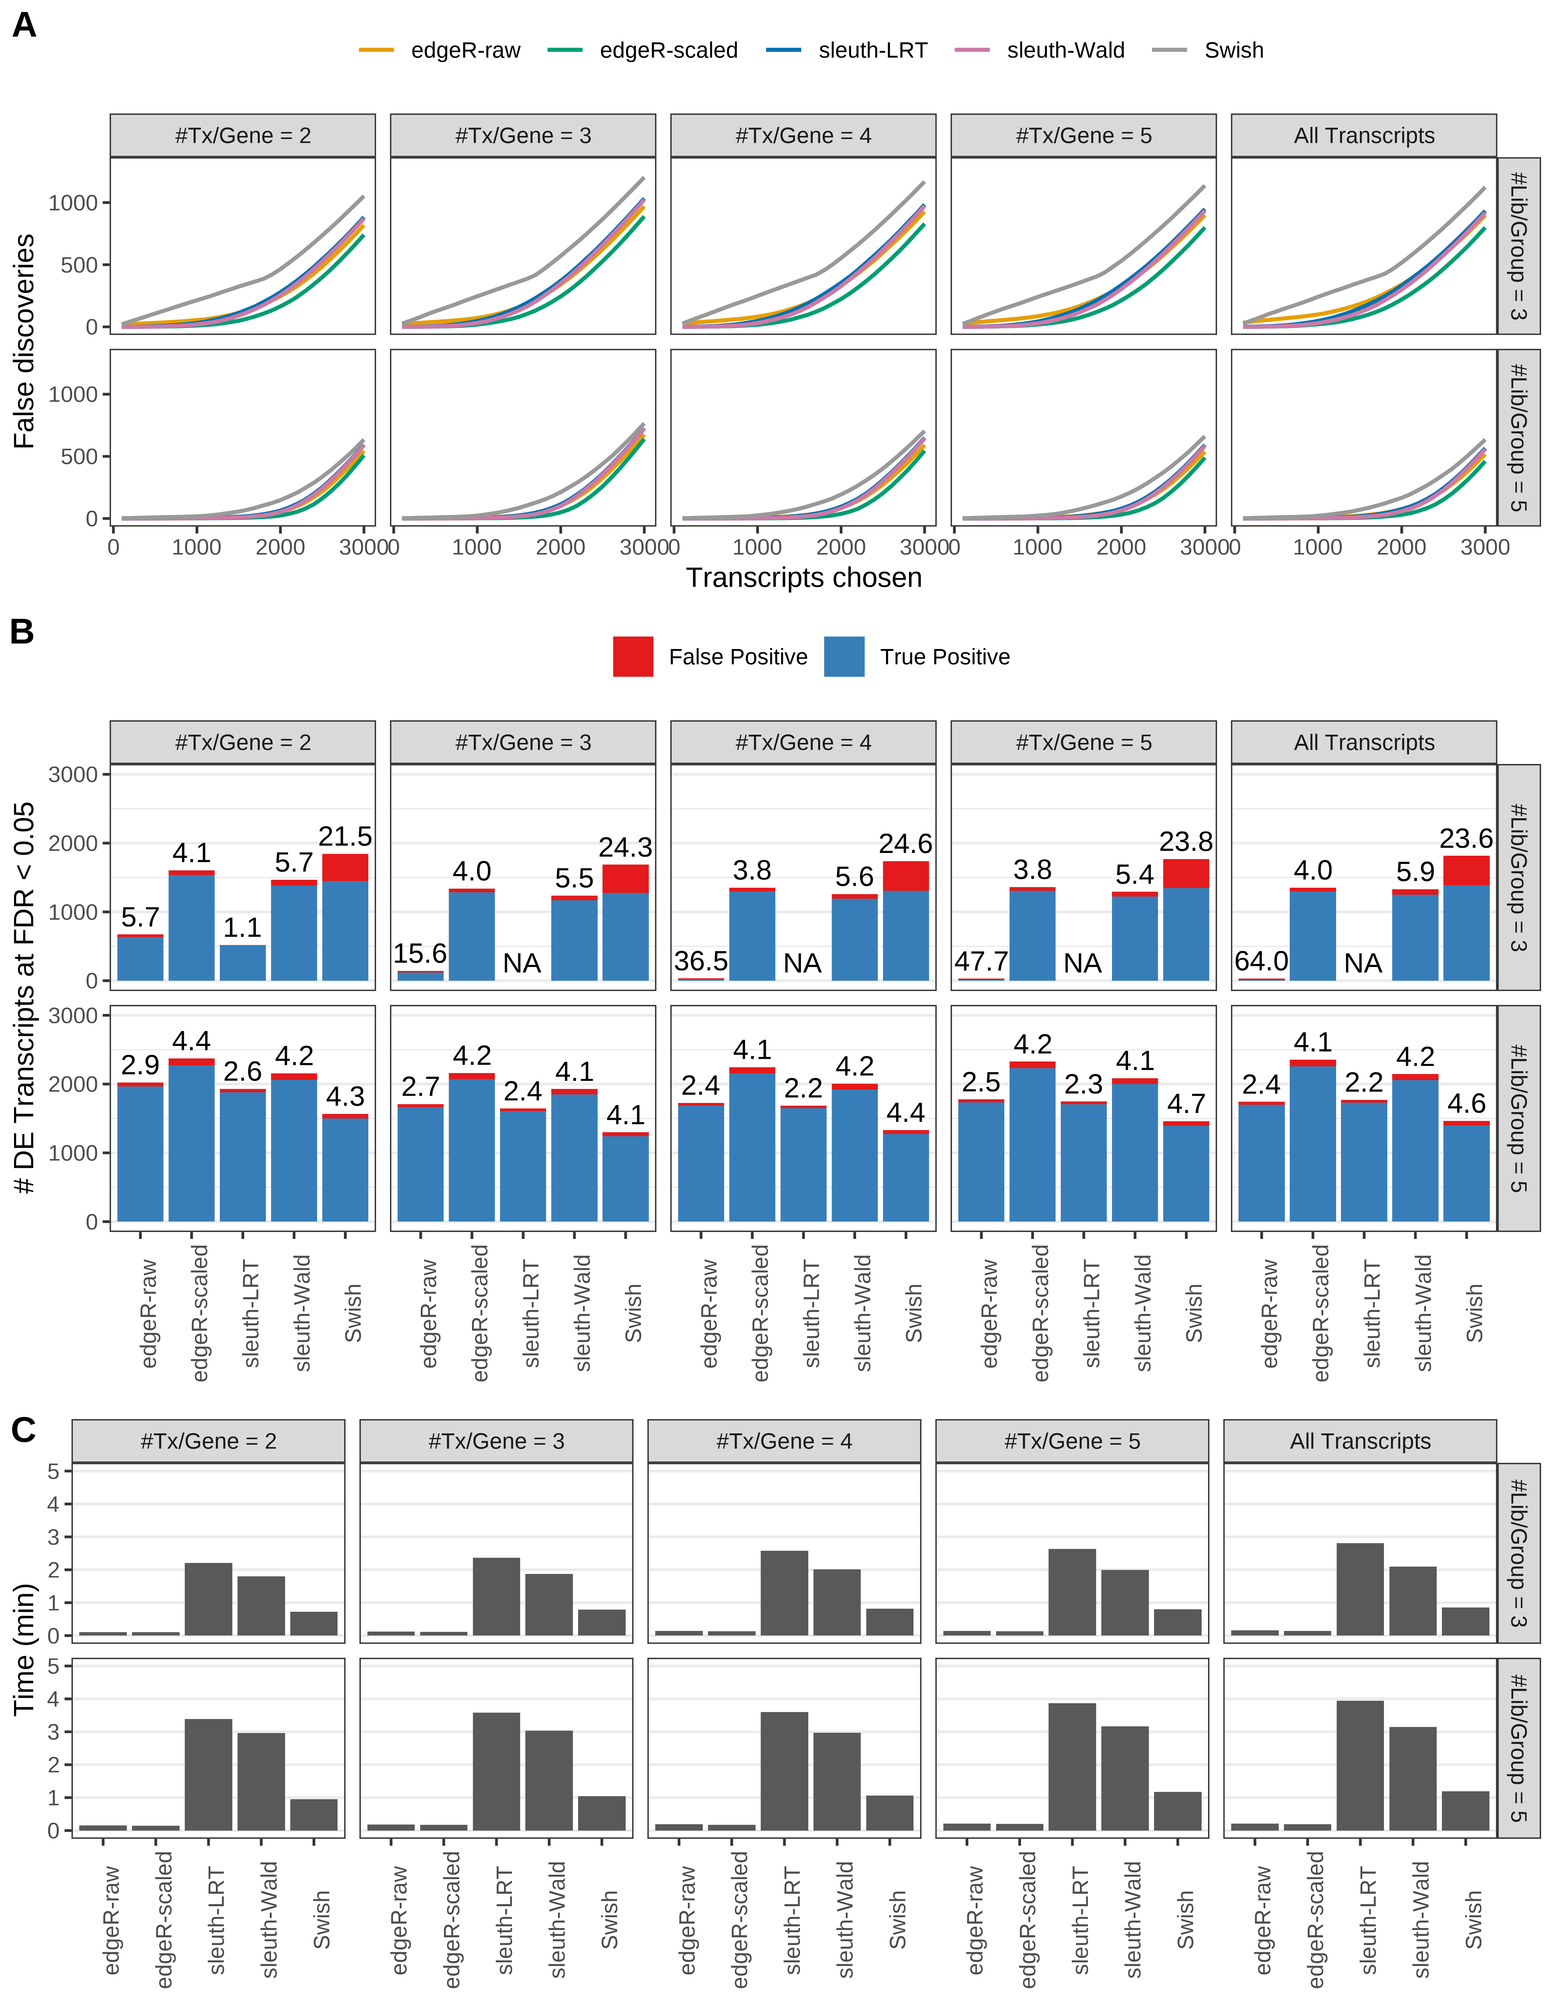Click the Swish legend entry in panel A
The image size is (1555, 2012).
point(1233,51)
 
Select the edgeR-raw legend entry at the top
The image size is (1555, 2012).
point(465,51)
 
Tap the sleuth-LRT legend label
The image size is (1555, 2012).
point(872,51)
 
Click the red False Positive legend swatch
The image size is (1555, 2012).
point(633,657)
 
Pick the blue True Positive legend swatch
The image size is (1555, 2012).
point(844,657)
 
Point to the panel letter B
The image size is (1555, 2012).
point(22,632)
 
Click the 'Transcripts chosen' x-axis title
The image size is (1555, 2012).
point(803,578)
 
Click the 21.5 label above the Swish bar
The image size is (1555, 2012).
point(345,837)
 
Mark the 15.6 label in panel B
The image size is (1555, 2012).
point(420,954)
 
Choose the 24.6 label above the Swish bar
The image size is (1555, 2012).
point(906,844)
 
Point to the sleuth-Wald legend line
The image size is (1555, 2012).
point(972,51)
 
